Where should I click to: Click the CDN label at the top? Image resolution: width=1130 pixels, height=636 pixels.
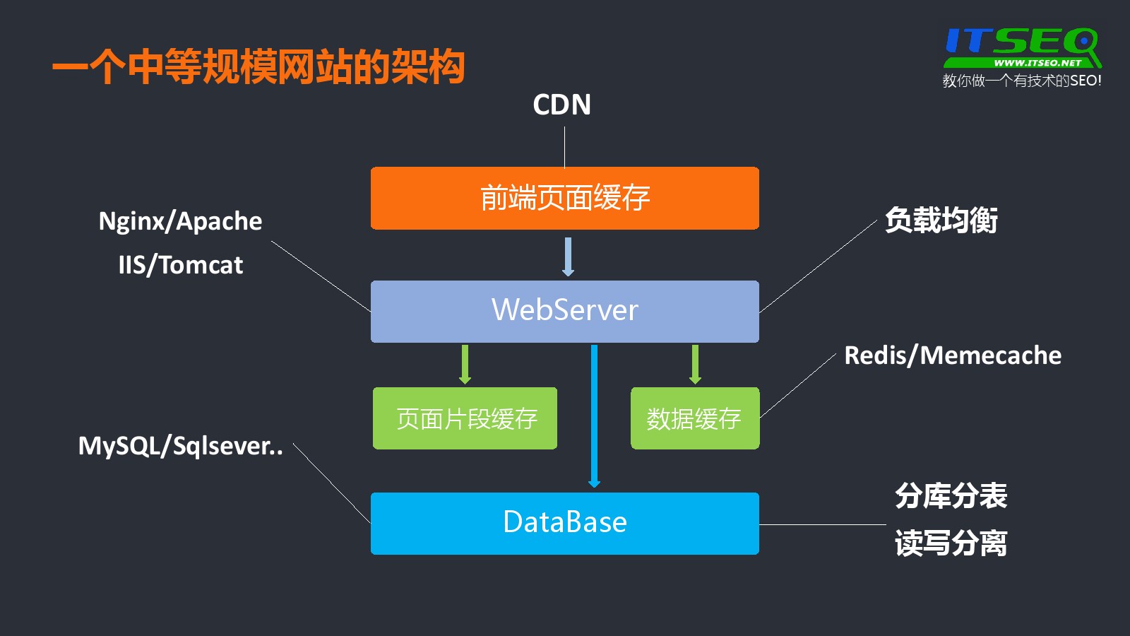pos(561,105)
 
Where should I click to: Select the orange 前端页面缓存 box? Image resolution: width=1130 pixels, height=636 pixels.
pos(564,198)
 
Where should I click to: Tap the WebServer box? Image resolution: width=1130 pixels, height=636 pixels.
pos(564,311)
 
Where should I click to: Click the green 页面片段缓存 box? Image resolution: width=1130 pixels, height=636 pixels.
pos(465,418)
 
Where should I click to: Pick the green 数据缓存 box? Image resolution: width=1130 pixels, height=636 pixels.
pos(694,418)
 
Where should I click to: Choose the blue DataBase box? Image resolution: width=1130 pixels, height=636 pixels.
pos(564,523)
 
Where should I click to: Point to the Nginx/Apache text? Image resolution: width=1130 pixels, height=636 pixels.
pos(180,221)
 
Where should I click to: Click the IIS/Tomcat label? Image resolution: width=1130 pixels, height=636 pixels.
pos(180,265)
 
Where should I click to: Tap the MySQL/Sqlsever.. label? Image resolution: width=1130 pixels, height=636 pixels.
pos(180,446)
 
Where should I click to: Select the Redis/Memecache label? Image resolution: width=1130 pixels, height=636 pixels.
pos(952,355)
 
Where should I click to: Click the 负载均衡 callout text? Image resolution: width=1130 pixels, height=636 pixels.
pos(941,220)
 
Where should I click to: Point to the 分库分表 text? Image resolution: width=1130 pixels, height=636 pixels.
pos(951,496)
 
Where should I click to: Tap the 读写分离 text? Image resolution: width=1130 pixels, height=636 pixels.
pos(951,543)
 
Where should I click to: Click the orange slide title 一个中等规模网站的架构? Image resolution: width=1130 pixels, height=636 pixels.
pos(258,68)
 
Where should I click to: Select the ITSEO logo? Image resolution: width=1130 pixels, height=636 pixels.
pos(1021,47)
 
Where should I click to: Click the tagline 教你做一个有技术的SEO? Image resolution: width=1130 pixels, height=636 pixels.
pos(1021,81)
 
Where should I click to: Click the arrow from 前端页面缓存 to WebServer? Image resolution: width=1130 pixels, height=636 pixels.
pos(568,256)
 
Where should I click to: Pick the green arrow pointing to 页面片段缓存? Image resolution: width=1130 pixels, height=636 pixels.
pos(465,364)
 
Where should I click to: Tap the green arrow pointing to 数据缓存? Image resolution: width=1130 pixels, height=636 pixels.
pos(695,364)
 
